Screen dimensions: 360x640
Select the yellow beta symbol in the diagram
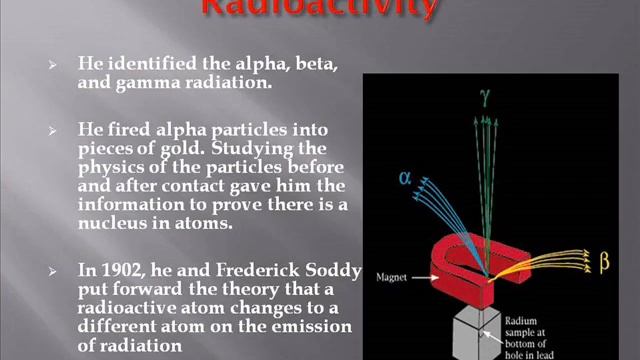tap(604, 264)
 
